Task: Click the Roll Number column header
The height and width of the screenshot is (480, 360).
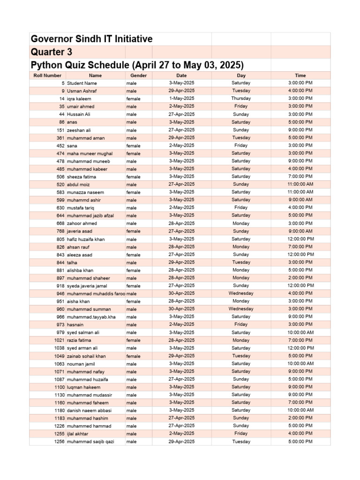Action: pos(47,75)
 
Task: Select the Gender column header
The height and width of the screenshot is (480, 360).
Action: pos(138,75)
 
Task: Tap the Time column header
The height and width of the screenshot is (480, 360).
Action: pos(300,75)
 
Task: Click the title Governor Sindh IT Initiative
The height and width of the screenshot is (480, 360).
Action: pos(92,39)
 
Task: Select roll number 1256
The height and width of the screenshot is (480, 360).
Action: pos(59,442)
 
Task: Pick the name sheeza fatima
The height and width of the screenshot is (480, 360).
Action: pos(82,177)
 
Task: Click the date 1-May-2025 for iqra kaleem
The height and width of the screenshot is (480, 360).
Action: pos(181,98)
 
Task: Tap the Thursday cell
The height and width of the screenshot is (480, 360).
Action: pos(241,98)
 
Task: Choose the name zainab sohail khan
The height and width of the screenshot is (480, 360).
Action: pos(86,356)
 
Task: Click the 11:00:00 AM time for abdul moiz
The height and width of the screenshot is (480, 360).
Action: pos(300,184)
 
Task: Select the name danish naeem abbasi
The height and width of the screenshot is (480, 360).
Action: pos(89,411)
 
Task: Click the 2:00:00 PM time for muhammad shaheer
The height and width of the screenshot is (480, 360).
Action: pos(300,278)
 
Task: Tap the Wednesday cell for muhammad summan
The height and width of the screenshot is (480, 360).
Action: pos(241,309)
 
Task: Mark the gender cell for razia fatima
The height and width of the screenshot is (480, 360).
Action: pos(133,340)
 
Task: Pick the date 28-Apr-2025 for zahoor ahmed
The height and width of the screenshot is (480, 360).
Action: pos(181,224)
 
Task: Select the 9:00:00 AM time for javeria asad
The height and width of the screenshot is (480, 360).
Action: pos(300,231)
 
